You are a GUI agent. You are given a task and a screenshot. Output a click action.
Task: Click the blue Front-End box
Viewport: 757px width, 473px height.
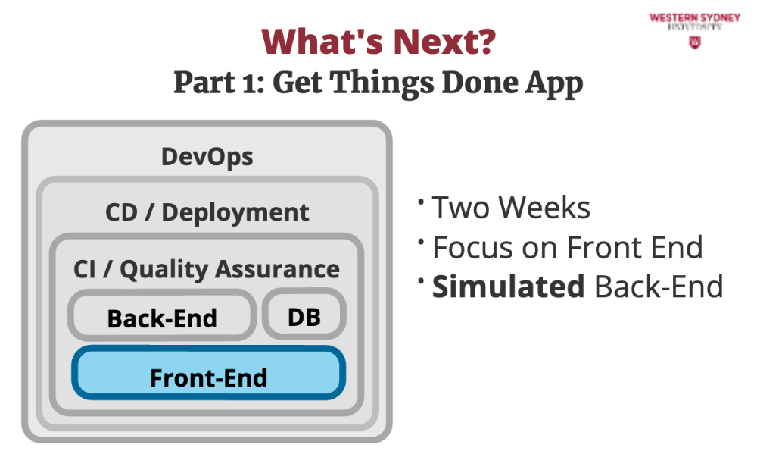tap(209, 373)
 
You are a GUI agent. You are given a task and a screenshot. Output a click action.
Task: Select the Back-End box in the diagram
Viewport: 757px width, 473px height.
tap(162, 315)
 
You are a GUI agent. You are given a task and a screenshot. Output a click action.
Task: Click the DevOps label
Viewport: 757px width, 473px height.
tap(207, 157)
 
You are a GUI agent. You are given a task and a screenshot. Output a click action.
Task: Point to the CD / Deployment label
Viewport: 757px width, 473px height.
tap(207, 212)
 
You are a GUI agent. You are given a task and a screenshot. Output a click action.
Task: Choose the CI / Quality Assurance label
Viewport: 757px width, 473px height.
tap(207, 269)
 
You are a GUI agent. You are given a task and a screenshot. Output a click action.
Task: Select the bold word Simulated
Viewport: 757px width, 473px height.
tap(509, 287)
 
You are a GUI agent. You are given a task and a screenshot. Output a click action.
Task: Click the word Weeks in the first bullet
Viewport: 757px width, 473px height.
tap(544, 208)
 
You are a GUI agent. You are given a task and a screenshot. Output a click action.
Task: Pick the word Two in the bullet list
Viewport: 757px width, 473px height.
tap(462, 208)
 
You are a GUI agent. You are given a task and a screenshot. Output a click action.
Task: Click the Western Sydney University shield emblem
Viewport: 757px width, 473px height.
tap(695, 43)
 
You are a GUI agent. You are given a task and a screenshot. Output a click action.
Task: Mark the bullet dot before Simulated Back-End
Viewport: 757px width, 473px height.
tap(422, 280)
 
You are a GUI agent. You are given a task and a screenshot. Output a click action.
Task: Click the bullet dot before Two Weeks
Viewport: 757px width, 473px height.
tap(422, 201)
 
